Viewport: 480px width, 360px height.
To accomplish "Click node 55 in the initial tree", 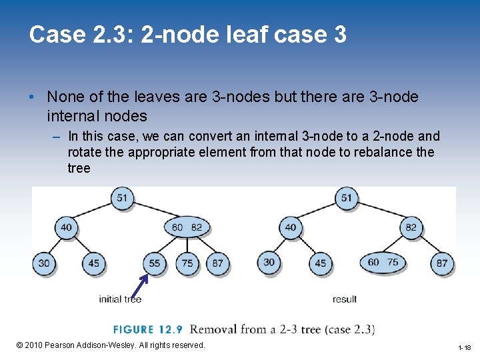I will tap(154, 263).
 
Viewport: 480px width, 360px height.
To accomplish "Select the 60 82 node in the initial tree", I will tap(187, 227).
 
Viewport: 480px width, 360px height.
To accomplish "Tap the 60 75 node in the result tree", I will tap(383, 262).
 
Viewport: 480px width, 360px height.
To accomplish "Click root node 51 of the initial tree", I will tap(122, 198).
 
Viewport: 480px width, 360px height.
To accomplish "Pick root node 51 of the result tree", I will tap(347, 198).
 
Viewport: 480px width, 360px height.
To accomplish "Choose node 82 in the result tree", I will tap(411, 227).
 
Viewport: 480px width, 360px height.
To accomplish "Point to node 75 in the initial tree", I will tap(187, 263).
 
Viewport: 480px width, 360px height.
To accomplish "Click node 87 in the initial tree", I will tap(218, 263).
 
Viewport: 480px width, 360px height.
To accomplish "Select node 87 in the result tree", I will tap(442, 263).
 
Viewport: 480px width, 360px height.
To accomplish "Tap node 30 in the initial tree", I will tap(44, 263).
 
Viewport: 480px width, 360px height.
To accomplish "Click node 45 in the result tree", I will tap(321, 263).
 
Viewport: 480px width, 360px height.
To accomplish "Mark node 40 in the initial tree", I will tap(66, 227).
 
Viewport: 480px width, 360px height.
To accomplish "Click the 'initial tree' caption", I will tap(120, 299).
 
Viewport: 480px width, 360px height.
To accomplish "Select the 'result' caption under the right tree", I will tap(345, 299).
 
